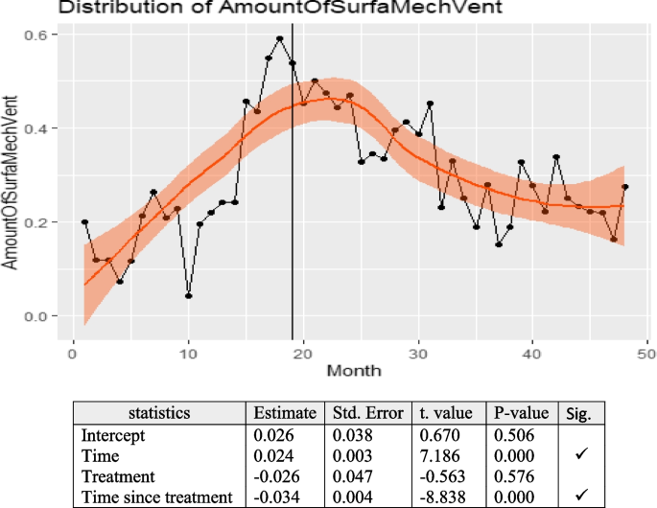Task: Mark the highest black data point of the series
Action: tap(280, 39)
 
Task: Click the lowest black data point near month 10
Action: tap(189, 296)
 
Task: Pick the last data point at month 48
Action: tap(625, 187)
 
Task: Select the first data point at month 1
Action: tap(84, 222)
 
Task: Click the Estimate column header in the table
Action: tap(284, 413)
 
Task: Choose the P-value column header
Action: tap(522, 413)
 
